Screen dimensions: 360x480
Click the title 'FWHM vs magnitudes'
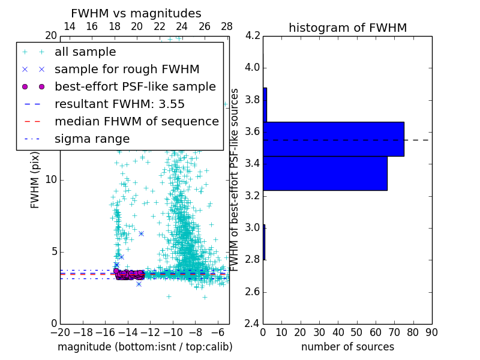click(x=136, y=13)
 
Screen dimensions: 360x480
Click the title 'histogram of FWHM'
click(x=347, y=28)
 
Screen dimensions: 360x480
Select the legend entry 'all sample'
click(x=85, y=52)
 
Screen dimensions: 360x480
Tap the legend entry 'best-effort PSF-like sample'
click(x=135, y=86)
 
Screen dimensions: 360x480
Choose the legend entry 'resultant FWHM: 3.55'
click(x=119, y=104)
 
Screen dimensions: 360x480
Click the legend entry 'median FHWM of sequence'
click(x=136, y=121)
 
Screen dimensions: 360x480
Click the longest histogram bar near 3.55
click(x=333, y=139)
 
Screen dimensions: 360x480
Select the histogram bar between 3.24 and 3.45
click(x=325, y=173)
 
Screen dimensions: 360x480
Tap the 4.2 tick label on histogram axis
click(x=253, y=36)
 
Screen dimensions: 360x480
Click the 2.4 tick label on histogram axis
click(x=253, y=324)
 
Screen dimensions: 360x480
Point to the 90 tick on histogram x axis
click(x=431, y=332)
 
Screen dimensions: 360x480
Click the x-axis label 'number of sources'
click(x=347, y=347)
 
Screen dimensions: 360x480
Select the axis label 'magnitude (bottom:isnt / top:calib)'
click(x=145, y=347)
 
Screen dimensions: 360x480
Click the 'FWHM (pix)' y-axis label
click(x=35, y=179)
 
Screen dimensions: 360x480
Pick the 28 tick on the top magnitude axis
click(x=227, y=26)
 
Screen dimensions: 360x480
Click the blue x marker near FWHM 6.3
click(x=141, y=233)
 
